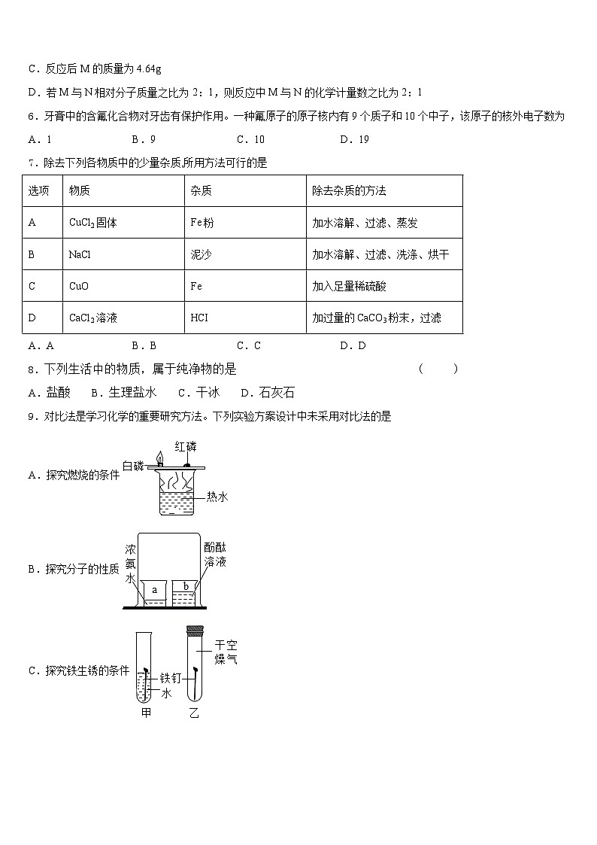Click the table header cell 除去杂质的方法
coord(349,191)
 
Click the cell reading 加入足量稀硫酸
coord(349,286)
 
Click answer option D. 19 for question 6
coord(354,139)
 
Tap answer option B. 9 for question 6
coord(144,139)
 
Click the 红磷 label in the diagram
coord(186,446)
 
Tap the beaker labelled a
coord(155,591)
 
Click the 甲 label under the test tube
coord(146,712)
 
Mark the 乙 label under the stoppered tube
coord(194,712)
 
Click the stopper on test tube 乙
coord(194,628)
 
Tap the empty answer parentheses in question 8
coord(438,369)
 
